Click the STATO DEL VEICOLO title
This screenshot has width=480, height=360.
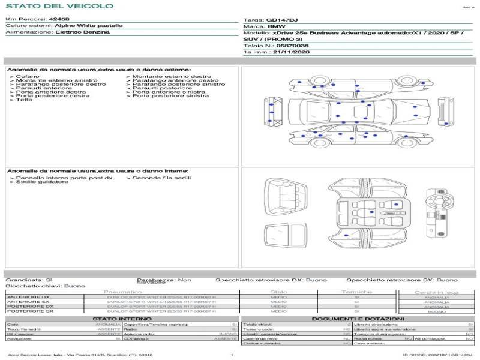(59, 6)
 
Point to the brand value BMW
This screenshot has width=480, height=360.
(276, 27)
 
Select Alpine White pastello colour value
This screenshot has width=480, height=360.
(89, 26)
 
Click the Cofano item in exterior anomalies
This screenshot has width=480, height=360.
(28, 77)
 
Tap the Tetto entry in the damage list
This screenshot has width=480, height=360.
(24, 100)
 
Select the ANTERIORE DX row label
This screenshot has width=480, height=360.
(28, 297)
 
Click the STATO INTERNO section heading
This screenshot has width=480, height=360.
(118, 319)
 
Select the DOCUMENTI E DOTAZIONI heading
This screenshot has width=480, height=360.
(358, 319)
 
